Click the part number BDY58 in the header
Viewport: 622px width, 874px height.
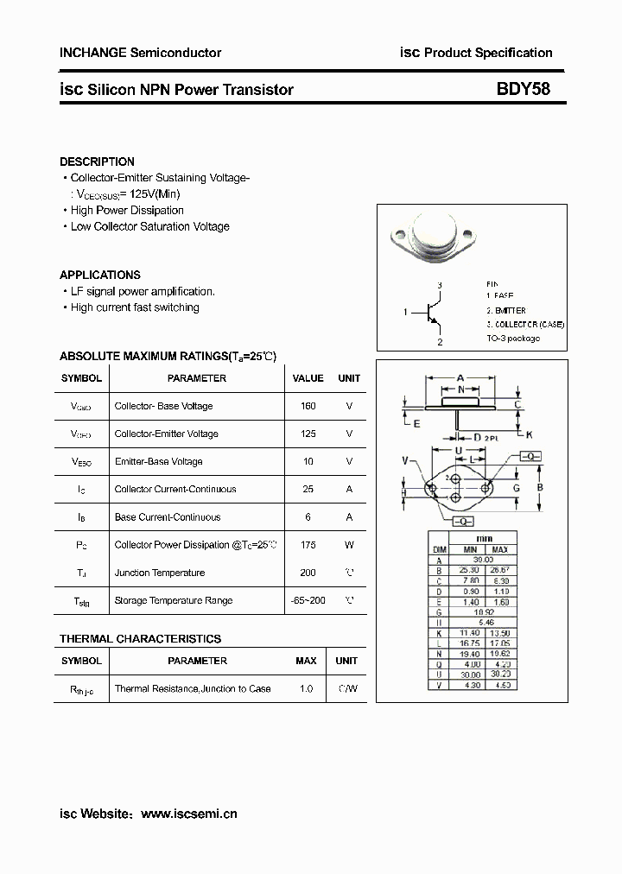click(x=523, y=89)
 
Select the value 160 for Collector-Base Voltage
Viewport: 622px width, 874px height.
click(x=308, y=406)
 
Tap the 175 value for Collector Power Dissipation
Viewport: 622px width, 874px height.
click(x=308, y=545)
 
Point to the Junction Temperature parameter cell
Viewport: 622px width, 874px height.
click(x=160, y=573)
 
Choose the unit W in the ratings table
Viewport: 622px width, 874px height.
click(x=349, y=545)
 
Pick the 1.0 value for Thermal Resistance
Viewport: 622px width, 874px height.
click(x=306, y=688)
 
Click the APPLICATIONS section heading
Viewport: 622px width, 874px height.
click(x=99, y=275)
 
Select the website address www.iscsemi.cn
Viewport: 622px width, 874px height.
click(x=188, y=814)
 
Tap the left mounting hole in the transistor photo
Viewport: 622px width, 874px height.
click(x=399, y=234)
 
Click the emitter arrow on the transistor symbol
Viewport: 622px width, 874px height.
click(x=436, y=324)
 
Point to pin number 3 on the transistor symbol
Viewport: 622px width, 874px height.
click(x=439, y=285)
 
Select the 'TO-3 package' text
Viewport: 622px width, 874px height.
click(x=512, y=338)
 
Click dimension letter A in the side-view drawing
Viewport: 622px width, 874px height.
click(x=460, y=378)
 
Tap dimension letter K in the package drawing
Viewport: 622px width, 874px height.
click(x=529, y=434)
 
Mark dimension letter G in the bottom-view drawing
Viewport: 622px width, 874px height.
click(x=516, y=489)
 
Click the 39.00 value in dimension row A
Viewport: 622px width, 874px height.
click(x=484, y=560)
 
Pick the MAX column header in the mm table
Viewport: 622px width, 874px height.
click(x=499, y=549)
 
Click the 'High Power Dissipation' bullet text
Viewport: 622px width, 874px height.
click(x=127, y=210)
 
